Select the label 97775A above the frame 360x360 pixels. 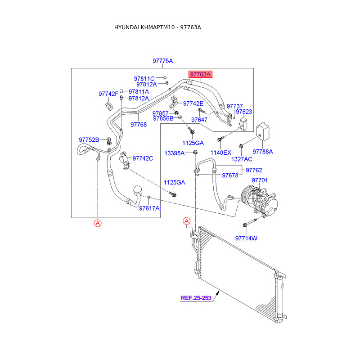[x=162, y=61]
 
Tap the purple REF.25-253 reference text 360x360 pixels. [x=196, y=297]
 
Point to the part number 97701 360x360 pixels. [x=260, y=180]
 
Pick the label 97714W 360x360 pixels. [x=246, y=238]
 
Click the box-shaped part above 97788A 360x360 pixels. [x=262, y=131]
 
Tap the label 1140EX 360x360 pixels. [x=221, y=153]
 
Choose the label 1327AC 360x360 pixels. [x=242, y=159]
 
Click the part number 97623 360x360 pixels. [x=244, y=112]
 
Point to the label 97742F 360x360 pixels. [x=108, y=94]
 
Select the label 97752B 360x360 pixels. [x=89, y=139]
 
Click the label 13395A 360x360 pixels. [x=174, y=153]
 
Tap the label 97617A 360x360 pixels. [x=149, y=208]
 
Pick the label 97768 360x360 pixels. [x=139, y=125]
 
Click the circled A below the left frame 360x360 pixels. [x=98, y=223]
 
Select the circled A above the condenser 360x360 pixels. [x=187, y=220]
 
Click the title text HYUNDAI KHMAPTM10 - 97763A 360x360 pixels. [x=157, y=27]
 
